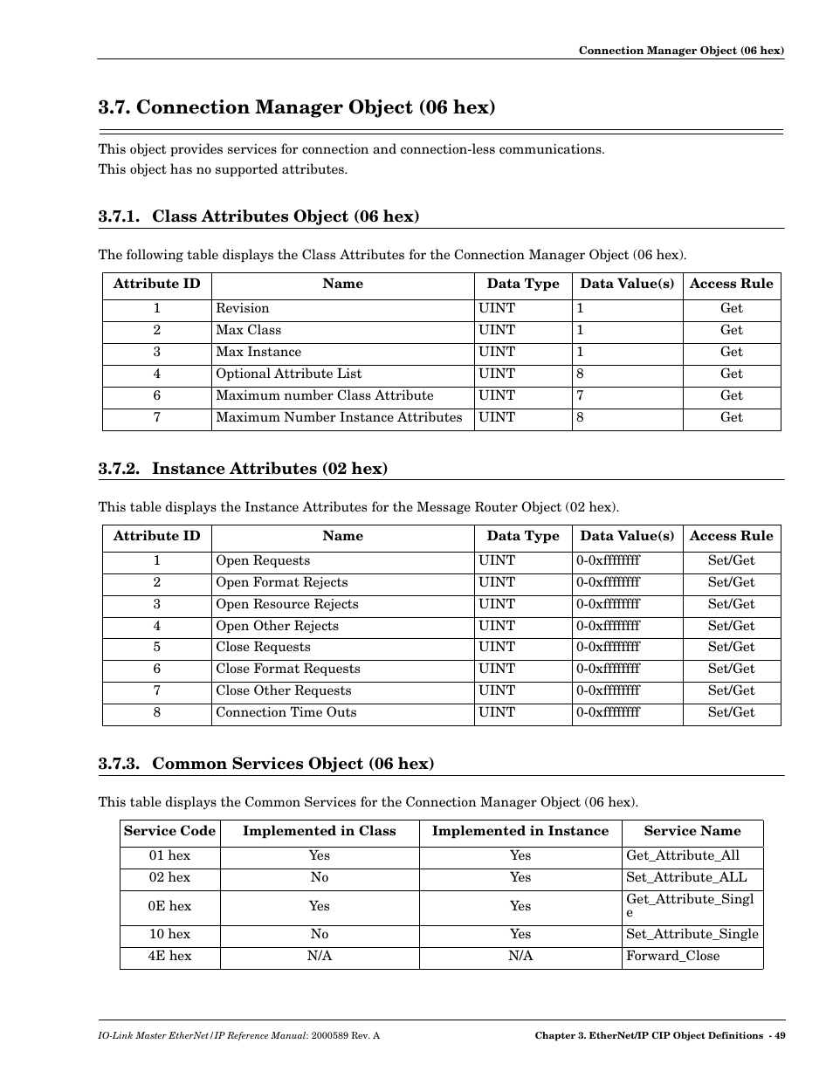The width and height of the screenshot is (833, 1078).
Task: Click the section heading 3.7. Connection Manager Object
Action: tap(297, 107)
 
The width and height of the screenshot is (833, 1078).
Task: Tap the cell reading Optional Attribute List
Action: tap(289, 374)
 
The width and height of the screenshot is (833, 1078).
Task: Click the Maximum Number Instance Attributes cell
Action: tap(339, 417)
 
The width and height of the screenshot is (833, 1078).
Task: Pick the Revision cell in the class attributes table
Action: tap(243, 308)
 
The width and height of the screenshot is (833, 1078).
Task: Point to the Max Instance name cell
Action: tap(258, 352)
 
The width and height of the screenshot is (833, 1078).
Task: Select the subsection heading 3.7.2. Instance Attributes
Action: tap(243, 469)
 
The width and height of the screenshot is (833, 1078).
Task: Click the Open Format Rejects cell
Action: tap(282, 582)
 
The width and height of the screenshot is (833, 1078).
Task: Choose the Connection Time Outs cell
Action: tap(286, 712)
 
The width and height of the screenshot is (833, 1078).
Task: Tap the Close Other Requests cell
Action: tap(284, 690)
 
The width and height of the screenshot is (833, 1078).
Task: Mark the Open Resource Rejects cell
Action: tap(287, 604)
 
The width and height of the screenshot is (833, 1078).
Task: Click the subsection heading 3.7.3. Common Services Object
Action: tap(266, 764)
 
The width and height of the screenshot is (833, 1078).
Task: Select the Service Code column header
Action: tap(169, 832)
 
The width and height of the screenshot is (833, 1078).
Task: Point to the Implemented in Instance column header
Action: tap(520, 832)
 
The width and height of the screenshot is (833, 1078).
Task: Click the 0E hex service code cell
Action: tap(169, 906)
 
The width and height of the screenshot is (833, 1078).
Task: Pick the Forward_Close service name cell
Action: tap(672, 956)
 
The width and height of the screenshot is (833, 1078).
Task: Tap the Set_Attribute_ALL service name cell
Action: tap(686, 877)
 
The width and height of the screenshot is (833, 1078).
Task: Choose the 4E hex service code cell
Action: tap(169, 956)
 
